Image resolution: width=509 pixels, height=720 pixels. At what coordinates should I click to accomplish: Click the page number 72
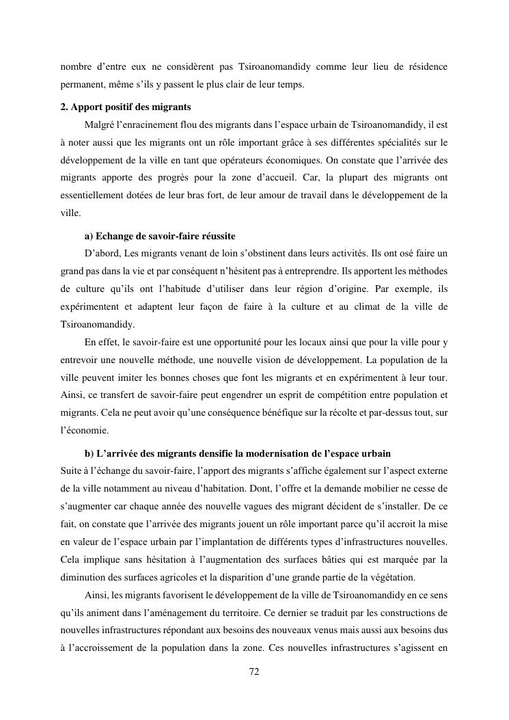pyautogui.click(x=254, y=672)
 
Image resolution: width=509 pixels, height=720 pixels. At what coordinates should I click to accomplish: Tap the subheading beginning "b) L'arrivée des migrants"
pyautogui.click(x=238, y=453)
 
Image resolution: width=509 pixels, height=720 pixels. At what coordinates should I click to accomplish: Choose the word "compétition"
pyautogui.click(x=323, y=395)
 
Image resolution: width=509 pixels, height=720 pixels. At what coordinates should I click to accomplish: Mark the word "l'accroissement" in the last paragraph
pyautogui.click(x=105, y=648)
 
